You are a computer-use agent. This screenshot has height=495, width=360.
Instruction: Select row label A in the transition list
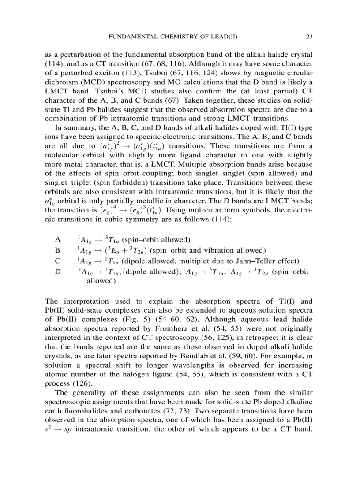[58, 240]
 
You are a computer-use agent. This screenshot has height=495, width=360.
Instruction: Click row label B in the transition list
[58, 250]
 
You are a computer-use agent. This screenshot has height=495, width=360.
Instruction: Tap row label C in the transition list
[58, 261]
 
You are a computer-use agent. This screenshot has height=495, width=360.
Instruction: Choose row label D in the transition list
[58, 272]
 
